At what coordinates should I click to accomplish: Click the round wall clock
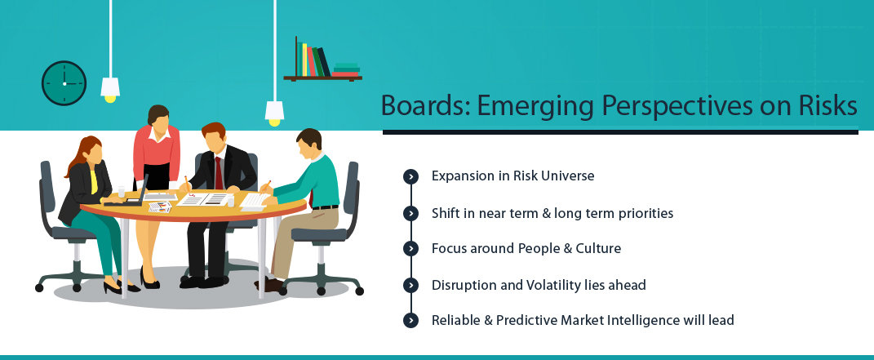(x=64, y=83)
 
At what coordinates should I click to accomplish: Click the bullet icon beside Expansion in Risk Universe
(x=410, y=176)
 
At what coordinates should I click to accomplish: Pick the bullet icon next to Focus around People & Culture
(x=410, y=248)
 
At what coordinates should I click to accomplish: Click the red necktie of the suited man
(x=219, y=173)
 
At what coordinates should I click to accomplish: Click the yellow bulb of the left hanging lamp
(x=110, y=99)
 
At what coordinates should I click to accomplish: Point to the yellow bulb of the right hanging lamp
(x=274, y=122)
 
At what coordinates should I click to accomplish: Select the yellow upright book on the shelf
(x=304, y=60)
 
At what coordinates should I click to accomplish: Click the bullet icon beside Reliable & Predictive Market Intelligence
(x=410, y=321)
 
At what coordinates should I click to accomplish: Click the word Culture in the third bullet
(x=598, y=248)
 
